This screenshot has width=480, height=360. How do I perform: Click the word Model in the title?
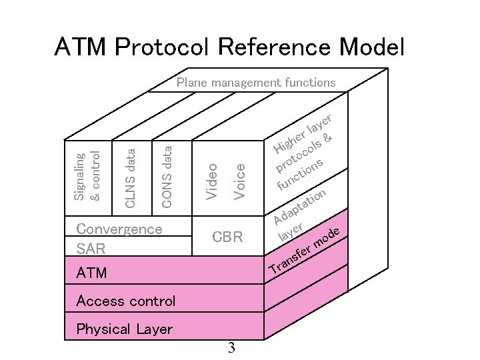click(371, 47)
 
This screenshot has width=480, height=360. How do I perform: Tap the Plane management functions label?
click(256, 83)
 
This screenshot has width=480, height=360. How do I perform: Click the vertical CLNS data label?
click(131, 177)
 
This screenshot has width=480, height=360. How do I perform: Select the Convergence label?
click(119, 229)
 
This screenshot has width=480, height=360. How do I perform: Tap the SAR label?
click(91, 249)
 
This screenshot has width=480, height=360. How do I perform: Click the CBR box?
click(227, 237)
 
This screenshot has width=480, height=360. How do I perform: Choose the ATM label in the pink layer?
click(91, 273)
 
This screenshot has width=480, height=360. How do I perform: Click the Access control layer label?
click(126, 301)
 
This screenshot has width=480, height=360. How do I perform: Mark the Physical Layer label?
click(125, 329)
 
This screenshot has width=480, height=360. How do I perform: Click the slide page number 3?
click(231, 347)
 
